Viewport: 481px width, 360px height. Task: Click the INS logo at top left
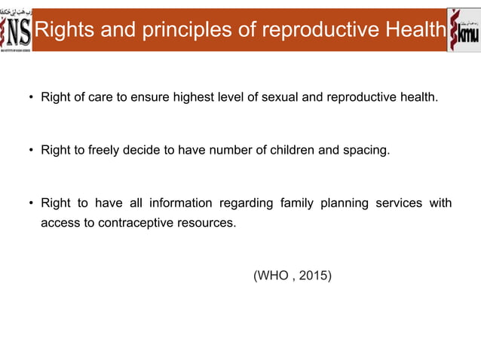click(17, 30)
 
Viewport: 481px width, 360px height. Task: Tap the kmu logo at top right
click(464, 30)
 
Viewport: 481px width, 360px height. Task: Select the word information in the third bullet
click(179, 203)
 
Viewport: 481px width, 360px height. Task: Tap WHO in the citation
click(274, 276)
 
